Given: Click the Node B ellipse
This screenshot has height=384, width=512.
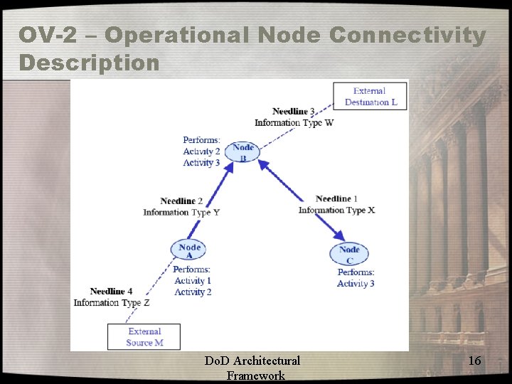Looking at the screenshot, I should (x=242, y=152).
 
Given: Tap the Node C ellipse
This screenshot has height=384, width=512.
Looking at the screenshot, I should (x=349, y=254).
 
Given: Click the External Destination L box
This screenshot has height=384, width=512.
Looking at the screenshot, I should (x=370, y=96).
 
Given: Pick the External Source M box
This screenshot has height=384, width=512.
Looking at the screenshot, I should (x=144, y=337).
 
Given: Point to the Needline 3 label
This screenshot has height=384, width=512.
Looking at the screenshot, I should (x=294, y=111).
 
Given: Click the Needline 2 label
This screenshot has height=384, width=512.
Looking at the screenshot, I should (x=181, y=201).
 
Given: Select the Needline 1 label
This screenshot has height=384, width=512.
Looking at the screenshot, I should (x=336, y=198).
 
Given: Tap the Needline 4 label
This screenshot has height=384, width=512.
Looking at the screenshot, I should (x=111, y=292).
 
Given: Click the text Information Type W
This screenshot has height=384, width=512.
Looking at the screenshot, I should (x=294, y=122).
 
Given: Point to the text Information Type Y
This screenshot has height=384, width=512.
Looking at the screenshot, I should (x=181, y=212).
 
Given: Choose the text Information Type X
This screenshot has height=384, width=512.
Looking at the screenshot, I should (x=336, y=210).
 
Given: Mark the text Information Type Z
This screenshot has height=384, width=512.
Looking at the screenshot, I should (x=112, y=302).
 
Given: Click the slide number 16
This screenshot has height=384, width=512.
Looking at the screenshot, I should (x=475, y=361).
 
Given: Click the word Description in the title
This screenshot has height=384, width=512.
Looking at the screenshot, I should (x=90, y=63).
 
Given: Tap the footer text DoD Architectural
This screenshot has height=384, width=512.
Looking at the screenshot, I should (x=252, y=361).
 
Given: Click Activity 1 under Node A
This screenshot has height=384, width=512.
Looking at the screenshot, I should (x=193, y=281).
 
